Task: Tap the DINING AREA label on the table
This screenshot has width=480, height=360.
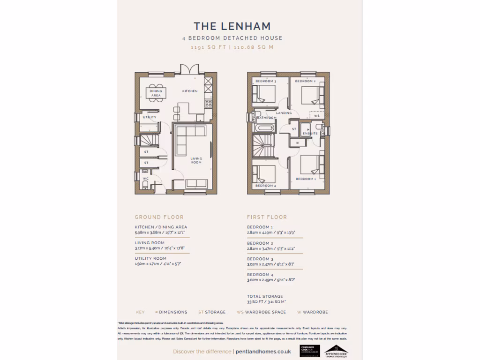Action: [x=156, y=93]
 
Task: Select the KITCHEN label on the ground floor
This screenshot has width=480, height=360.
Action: [x=190, y=91]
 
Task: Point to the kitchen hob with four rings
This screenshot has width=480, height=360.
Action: [x=208, y=104]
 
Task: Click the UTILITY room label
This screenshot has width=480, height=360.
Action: [x=150, y=117]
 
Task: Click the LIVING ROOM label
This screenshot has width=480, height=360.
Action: [x=196, y=160]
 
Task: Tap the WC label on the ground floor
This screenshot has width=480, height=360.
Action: [x=146, y=179]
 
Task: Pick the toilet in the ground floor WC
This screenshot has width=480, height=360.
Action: [x=144, y=186]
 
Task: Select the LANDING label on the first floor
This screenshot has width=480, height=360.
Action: [x=284, y=113]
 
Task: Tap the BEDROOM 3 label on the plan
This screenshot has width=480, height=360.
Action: [x=266, y=82]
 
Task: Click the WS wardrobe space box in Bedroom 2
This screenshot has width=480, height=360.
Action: [x=317, y=115]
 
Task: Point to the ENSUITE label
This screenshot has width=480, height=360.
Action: [x=310, y=134]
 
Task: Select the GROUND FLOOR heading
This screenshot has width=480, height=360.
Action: [x=159, y=217]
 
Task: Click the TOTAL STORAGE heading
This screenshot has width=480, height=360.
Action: [x=265, y=296]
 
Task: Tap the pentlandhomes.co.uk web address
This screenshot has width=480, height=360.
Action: [x=263, y=352]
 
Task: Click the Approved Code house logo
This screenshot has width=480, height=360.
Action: [x=336, y=350]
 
